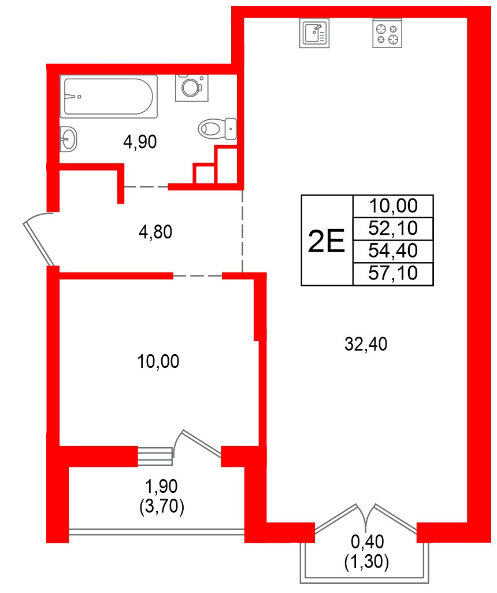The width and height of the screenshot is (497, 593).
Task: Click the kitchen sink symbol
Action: click(314, 33)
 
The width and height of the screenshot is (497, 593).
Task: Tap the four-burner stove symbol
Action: click(387, 34)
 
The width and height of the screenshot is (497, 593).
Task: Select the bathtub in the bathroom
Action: click(109, 95)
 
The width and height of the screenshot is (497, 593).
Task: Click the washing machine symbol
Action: click(190, 87)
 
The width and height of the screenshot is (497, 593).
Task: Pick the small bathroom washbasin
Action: click(69, 139)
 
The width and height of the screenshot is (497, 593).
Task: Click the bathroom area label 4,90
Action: click(140, 142)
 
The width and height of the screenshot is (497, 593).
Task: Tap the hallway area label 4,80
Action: click(156, 232)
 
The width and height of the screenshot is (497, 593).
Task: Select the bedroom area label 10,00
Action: click(158, 362)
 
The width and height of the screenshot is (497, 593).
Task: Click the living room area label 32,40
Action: click(365, 345)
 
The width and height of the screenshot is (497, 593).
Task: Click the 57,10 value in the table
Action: click(393, 272)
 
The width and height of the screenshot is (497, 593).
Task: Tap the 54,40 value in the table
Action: click(393, 250)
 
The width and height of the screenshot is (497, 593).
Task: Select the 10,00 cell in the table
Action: click(393, 205)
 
